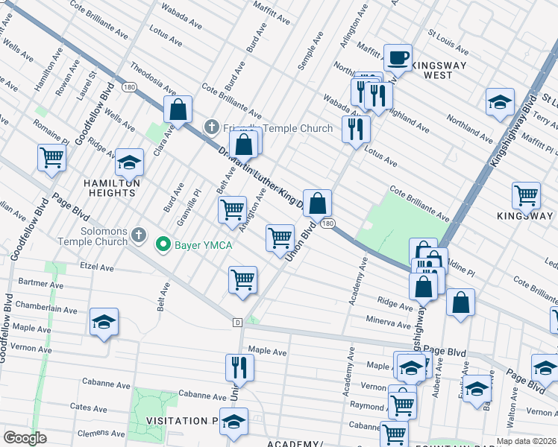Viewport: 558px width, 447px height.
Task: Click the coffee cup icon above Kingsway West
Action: [x=398, y=57]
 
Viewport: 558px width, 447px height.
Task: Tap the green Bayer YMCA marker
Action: [x=161, y=244]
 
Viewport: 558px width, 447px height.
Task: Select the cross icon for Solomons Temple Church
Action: [x=137, y=236]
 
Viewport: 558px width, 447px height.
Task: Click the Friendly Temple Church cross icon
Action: [x=212, y=128]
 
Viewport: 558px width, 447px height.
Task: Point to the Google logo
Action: [x=25, y=438]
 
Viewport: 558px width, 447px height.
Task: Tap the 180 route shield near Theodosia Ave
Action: [x=129, y=87]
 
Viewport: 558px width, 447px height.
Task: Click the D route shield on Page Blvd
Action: [x=237, y=323]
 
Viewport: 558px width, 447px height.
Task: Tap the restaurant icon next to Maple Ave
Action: [x=239, y=367]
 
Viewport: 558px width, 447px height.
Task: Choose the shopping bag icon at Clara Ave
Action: [x=178, y=110]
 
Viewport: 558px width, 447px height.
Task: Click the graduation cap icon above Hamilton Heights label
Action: [x=129, y=162]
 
